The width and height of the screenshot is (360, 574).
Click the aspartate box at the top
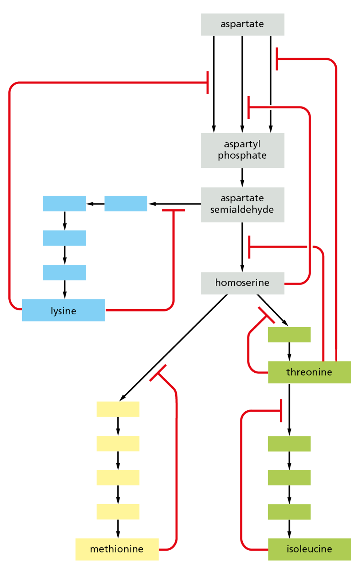click(x=242, y=24)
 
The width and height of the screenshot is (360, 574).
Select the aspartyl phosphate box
click(x=242, y=150)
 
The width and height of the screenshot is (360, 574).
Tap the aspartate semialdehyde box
click(x=242, y=204)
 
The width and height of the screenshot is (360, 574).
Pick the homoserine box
click(x=242, y=283)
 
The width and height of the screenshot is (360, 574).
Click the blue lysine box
click(x=63, y=310)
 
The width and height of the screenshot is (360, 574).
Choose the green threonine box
click(x=309, y=372)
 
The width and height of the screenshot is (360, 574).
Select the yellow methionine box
click(x=117, y=549)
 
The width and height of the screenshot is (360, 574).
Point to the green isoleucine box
click(x=309, y=549)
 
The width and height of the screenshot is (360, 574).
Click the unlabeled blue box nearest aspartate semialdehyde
click(x=126, y=203)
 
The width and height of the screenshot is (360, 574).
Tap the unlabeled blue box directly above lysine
click(x=64, y=272)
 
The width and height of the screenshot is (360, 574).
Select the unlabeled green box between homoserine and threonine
click(x=289, y=334)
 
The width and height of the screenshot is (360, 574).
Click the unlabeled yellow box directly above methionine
click(x=118, y=512)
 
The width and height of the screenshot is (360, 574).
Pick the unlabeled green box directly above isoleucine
click(x=289, y=512)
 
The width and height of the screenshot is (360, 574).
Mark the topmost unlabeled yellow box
click(x=118, y=409)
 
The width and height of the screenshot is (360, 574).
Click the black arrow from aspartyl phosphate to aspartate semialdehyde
click(x=242, y=177)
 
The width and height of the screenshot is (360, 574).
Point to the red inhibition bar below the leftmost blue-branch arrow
click(x=173, y=210)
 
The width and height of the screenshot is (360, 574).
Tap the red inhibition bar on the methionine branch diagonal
click(x=158, y=373)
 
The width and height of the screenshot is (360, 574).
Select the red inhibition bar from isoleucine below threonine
click(x=281, y=411)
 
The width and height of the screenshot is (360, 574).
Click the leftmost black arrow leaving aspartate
click(x=214, y=84)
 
